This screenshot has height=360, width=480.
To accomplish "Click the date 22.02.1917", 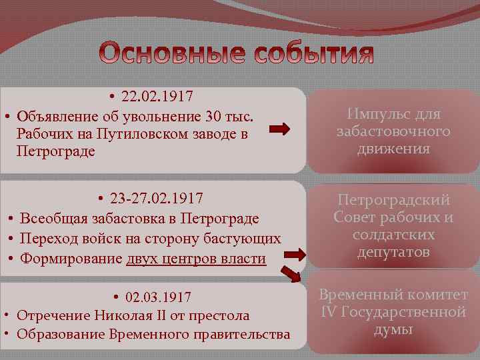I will point(157,97).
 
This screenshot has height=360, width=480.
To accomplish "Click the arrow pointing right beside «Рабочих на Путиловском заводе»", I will point(281,129).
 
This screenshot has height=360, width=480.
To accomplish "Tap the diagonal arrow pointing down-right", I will point(291,274).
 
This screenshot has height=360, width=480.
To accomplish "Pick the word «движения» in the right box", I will point(393,149).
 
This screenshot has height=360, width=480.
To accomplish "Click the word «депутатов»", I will point(393,252).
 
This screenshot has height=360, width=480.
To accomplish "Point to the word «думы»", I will point(393,329).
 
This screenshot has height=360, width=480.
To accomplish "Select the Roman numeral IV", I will point(329,312).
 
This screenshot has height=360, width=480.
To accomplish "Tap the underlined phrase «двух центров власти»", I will point(196,258).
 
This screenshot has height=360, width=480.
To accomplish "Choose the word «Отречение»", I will point(46,315).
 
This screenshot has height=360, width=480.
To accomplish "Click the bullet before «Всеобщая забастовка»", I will point(13,219).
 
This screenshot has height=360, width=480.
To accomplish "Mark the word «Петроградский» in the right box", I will point(393,200).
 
